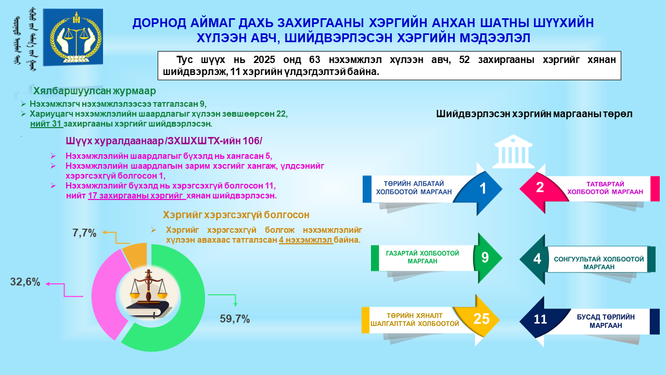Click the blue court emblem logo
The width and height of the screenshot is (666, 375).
tap(73, 37)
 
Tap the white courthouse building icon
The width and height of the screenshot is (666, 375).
tap(513, 151)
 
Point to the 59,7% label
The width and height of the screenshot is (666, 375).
tap(235, 319)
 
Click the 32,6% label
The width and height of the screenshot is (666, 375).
tap(25, 282)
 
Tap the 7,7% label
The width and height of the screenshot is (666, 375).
tap(84, 233)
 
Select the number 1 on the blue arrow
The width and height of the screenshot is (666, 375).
tap(483, 189)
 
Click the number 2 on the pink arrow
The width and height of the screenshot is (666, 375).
tap(540, 187)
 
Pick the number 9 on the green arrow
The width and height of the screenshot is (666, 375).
tap(485, 257)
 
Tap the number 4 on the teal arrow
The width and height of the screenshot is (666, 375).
tap(537, 259)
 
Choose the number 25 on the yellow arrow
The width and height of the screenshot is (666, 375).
tap(481, 319)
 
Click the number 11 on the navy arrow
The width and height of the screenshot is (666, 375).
tap(540, 319)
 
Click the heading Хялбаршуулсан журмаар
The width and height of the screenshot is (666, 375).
tap(95, 91)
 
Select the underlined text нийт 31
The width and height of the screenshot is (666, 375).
tap(46, 124)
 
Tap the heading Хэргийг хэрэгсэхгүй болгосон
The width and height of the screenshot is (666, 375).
tap(236, 215)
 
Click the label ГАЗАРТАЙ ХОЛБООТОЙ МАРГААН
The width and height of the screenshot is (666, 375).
tap(422, 257)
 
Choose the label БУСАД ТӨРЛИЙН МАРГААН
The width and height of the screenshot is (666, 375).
tap(606, 321)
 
